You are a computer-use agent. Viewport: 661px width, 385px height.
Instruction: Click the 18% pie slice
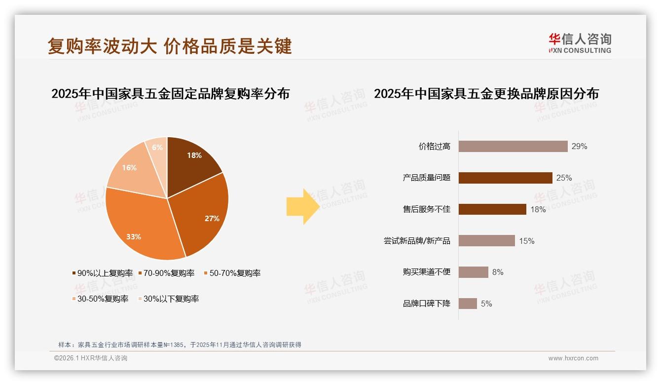(192, 160)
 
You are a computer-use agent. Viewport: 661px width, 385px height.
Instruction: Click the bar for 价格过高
(513, 146)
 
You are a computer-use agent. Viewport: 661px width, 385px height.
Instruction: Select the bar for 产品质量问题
(505, 178)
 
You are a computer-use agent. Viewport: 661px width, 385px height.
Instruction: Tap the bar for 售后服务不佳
(492, 209)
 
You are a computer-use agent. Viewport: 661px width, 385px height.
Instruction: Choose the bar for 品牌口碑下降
(468, 304)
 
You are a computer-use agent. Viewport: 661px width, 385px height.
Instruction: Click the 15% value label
(527, 241)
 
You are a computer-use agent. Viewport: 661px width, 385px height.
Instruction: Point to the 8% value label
(498, 272)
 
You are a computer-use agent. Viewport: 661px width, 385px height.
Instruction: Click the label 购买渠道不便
(427, 272)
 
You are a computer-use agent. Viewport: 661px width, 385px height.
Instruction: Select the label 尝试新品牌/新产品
(417, 241)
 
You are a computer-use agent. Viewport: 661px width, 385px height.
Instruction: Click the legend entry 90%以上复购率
(103, 273)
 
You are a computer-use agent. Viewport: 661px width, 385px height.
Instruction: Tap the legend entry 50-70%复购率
(232, 273)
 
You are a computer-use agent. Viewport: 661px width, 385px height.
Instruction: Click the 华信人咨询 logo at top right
(580, 43)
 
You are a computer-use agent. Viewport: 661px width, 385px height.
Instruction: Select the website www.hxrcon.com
(573, 358)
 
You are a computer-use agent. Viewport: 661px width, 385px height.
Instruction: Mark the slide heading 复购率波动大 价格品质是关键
(170, 46)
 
